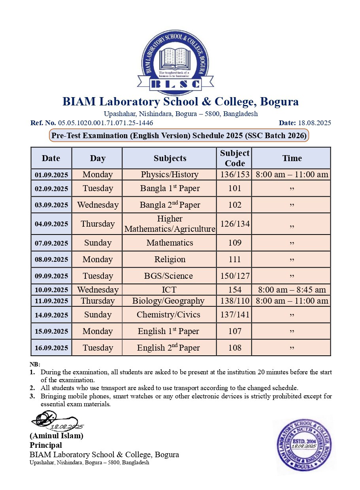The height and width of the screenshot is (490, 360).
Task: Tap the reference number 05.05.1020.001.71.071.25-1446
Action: [x=106, y=123]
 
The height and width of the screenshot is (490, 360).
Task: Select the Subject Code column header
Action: [x=234, y=158]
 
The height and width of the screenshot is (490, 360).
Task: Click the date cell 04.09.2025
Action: [x=51, y=224]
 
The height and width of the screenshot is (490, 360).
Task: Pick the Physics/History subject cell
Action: [x=170, y=175]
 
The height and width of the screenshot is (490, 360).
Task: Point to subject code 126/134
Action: [x=234, y=224]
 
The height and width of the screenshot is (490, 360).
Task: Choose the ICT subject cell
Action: [x=169, y=290]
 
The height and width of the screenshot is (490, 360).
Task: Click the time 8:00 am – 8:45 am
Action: [x=292, y=290]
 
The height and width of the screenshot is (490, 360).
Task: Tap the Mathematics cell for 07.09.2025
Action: [x=170, y=243]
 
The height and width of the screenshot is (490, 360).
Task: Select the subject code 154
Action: [x=234, y=290]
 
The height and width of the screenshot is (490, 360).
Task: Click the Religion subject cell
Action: [x=170, y=259]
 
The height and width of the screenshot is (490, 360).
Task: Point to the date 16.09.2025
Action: [x=51, y=348]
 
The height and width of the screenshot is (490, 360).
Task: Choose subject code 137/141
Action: [x=234, y=315]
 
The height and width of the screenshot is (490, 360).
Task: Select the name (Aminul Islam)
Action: [x=57, y=436]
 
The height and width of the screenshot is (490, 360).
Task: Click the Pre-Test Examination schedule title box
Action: [x=179, y=136]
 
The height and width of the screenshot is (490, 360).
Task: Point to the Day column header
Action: [x=98, y=158]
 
